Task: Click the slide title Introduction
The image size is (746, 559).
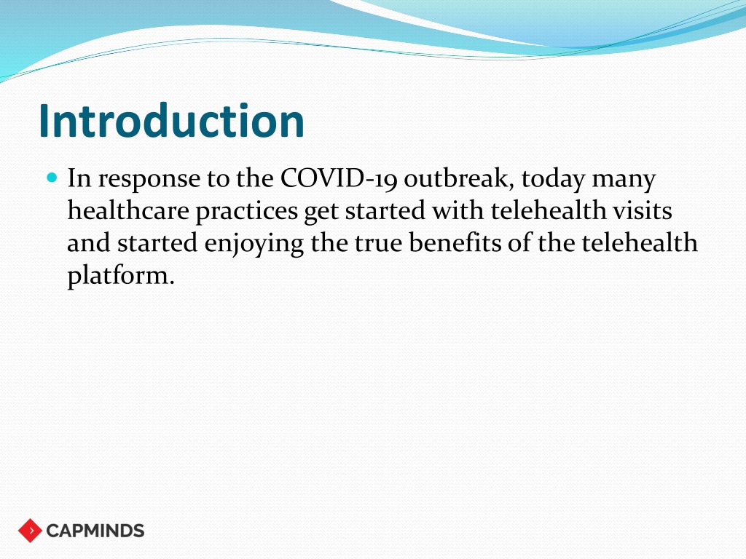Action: pyautogui.click(x=171, y=121)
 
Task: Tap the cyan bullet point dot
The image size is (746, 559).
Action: pyautogui.click(x=52, y=178)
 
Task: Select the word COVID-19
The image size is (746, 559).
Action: pyautogui.click(x=338, y=179)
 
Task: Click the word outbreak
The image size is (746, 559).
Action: pyautogui.click(x=459, y=179)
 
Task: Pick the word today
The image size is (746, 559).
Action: pyautogui.click(x=553, y=180)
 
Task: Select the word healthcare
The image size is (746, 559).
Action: pyautogui.click(x=128, y=210)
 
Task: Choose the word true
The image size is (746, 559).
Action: pyautogui.click(x=378, y=243)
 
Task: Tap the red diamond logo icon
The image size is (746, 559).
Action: pyautogui.click(x=30, y=531)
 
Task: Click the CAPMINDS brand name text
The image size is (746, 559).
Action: pyautogui.click(x=95, y=531)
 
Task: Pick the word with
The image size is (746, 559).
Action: pyautogui.click(x=458, y=210)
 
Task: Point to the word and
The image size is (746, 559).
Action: pyautogui.click(x=88, y=242)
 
